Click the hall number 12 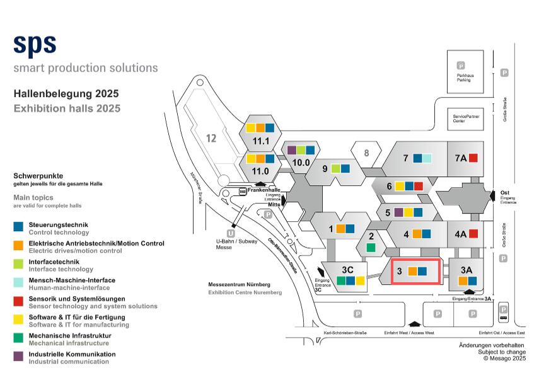(211, 138)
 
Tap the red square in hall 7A (473, 158)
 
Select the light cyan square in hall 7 (427, 158)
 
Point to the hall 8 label (366, 152)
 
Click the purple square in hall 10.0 (292, 150)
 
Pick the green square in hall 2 (371, 248)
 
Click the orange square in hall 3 (413, 272)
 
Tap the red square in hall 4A (473, 234)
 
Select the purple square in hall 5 (398, 212)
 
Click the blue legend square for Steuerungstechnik (18, 226)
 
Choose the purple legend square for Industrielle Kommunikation (18, 356)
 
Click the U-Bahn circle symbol (231, 234)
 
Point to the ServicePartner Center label (463, 118)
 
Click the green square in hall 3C (341, 281)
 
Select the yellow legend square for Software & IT (18, 319)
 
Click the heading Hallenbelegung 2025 (66, 94)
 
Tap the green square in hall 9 (336, 168)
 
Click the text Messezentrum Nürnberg (239, 285)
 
